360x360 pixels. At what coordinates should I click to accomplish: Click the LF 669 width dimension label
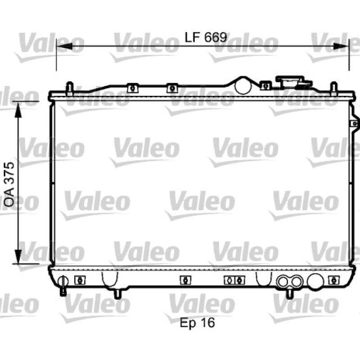[206, 37]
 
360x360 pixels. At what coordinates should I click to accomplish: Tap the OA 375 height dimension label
[9, 184]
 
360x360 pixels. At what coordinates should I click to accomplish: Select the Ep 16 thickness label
[197, 323]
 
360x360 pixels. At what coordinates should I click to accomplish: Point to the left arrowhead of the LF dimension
[64, 46]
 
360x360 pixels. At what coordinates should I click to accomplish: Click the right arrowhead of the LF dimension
[341, 46]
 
